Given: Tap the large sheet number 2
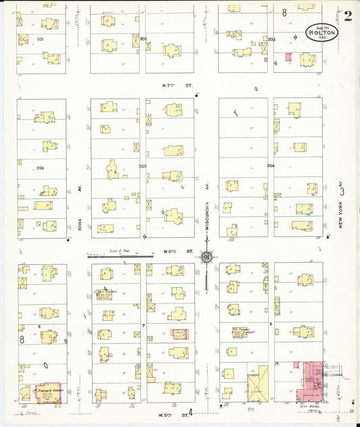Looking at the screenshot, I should pyautogui.click(x=346, y=17).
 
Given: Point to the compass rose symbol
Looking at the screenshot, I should pyautogui.click(x=207, y=256).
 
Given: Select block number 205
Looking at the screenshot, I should pyautogui.click(x=143, y=166).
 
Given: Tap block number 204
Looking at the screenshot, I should pyautogui.click(x=270, y=166).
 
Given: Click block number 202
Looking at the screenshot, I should pyautogui.click(x=143, y=39).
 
